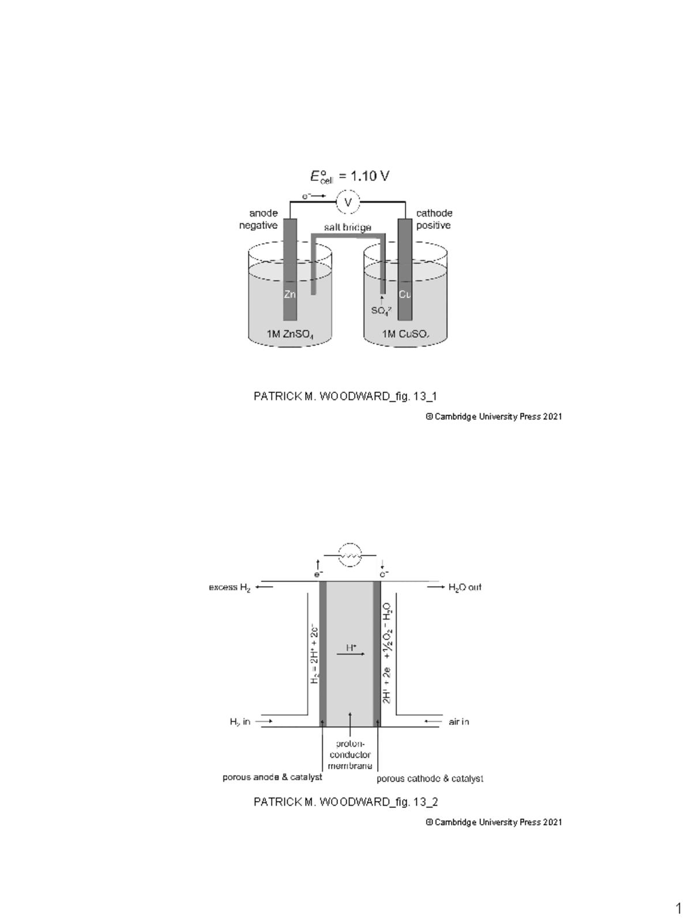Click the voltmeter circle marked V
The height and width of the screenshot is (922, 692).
(x=348, y=202)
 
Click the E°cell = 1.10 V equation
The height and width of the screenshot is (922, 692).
(x=349, y=176)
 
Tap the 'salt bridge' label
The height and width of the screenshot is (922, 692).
(x=347, y=228)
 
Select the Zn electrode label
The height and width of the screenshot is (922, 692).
(x=290, y=294)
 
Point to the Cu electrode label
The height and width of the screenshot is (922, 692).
(x=405, y=294)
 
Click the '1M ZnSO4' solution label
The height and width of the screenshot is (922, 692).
(x=289, y=334)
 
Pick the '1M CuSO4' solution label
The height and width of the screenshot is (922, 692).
(x=405, y=334)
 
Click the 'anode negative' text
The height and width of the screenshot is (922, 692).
(x=259, y=219)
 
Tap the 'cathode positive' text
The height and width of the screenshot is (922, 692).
(x=434, y=219)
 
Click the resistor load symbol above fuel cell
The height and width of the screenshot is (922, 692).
(x=349, y=555)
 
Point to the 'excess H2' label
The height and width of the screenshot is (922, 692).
(x=230, y=588)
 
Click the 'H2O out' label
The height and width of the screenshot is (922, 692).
(x=465, y=587)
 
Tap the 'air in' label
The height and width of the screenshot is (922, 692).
(x=459, y=721)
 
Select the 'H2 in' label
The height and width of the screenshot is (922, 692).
(x=240, y=721)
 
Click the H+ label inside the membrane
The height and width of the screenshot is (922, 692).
(x=351, y=648)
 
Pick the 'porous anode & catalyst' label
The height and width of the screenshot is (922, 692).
(x=272, y=777)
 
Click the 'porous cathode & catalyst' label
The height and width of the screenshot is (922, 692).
(x=430, y=779)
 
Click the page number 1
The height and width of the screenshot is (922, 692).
(x=678, y=909)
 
